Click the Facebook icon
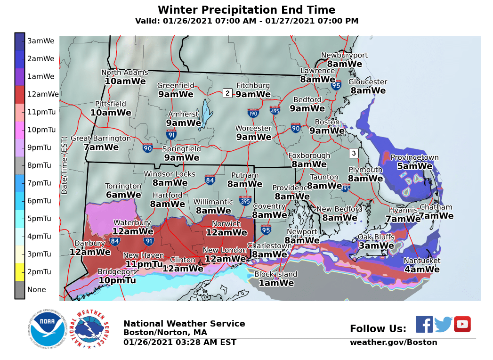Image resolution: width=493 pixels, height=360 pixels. pyautogui.click(x=424, y=324)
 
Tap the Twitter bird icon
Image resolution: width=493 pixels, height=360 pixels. pyautogui.click(x=443, y=324)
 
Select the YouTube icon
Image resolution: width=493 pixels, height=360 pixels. pyautogui.click(x=462, y=324)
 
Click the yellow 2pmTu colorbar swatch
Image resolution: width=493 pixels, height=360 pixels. pyautogui.click(x=20, y=271)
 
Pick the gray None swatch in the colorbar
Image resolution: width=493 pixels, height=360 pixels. pyautogui.click(x=20, y=289)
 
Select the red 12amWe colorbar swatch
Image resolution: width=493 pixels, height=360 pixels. pyautogui.click(x=20, y=94)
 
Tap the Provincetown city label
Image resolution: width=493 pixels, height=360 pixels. pyautogui.click(x=414, y=157)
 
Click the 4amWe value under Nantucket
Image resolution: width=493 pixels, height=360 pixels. pyautogui.click(x=422, y=270)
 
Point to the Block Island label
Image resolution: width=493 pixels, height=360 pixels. pyautogui.click(x=276, y=274)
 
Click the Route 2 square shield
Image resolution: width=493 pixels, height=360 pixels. pyautogui.click(x=227, y=93)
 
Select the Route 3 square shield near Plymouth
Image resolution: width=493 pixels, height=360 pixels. pyautogui.click(x=353, y=153)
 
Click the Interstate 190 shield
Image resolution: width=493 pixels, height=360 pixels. pyautogui.click(x=253, y=113)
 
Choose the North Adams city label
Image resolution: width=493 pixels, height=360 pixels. pyautogui.click(x=125, y=72)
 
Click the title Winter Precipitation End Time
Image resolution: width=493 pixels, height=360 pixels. pyautogui.click(x=246, y=10)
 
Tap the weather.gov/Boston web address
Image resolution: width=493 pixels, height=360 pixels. pyautogui.click(x=393, y=343)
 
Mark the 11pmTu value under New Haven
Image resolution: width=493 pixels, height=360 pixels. pyautogui.click(x=144, y=264)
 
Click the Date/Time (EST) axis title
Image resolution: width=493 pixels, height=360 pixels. pyautogui.click(x=65, y=165)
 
